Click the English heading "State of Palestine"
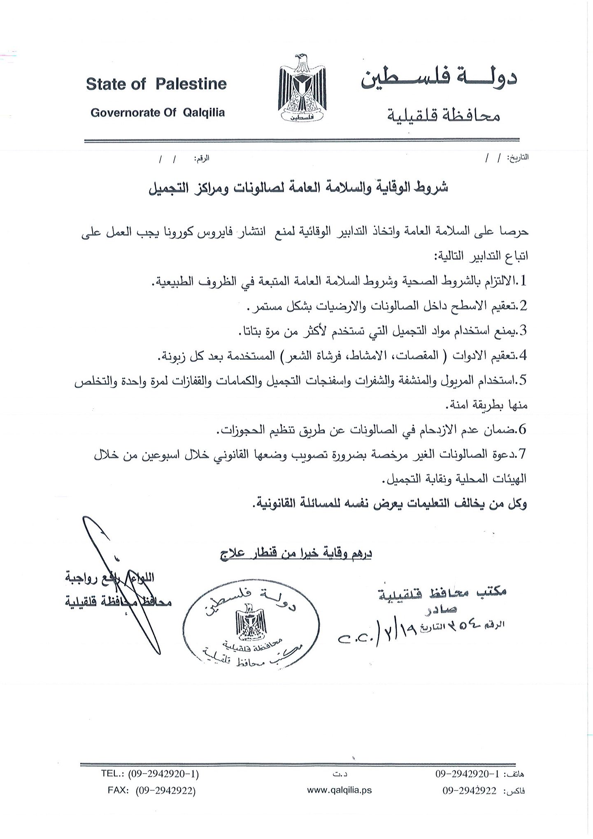point(156,84)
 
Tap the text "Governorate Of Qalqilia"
point(158,113)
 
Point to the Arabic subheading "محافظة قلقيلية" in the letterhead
point(445,116)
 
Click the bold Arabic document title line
point(298,188)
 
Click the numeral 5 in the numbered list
point(523,380)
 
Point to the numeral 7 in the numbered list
point(523,454)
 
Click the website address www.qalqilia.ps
point(340,790)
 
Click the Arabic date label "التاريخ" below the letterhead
point(518,158)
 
